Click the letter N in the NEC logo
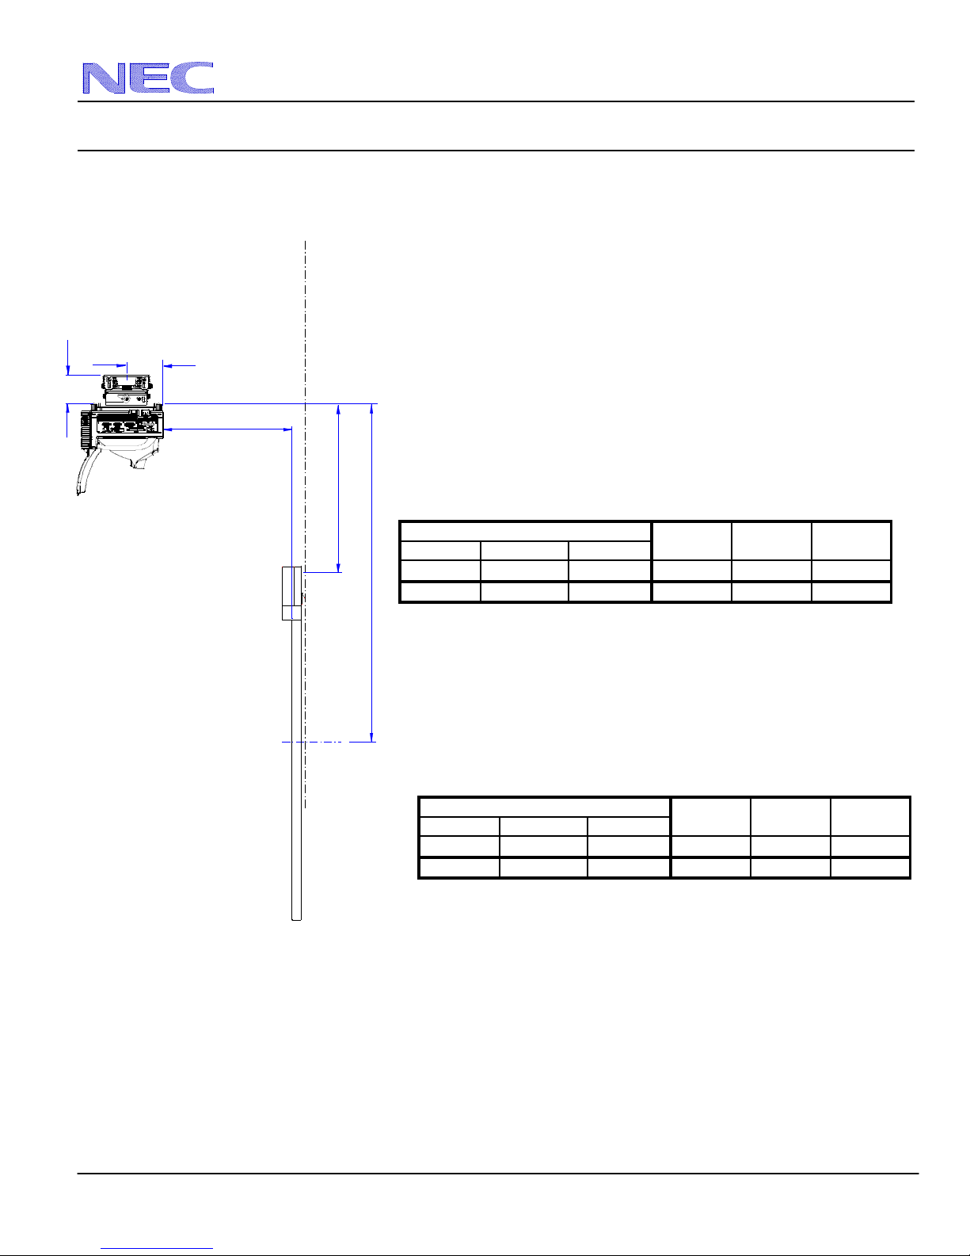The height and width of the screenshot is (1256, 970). coord(104,78)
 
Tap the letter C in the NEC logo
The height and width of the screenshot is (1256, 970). coord(193,78)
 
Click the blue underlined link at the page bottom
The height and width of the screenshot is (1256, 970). coord(157,1248)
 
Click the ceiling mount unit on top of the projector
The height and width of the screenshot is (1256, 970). coord(127,389)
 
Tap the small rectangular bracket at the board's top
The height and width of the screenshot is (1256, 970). coord(291,593)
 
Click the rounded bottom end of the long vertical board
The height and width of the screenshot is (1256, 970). coord(297,918)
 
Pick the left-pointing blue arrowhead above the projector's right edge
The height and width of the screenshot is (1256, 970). coord(168,365)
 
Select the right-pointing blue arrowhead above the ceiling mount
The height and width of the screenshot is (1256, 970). coord(122,365)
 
